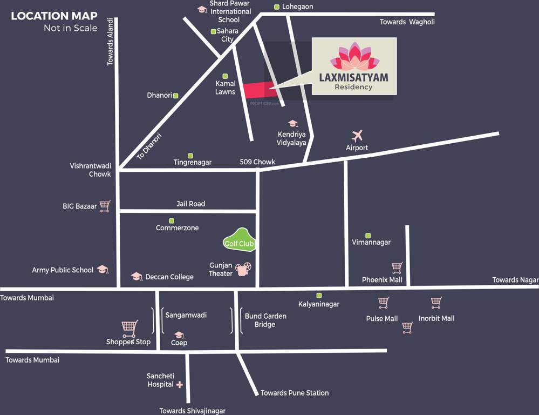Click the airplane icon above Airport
coord(357,135)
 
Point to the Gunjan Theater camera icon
coord(243,269)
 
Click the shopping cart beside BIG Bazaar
coord(105,206)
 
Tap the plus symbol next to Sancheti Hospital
coord(180,385)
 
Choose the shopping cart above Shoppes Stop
coord(129,327)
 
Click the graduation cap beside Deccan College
coord(137,277)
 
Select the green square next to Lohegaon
coord(276,7)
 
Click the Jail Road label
coord(190,204)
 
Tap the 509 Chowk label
coord(257,162)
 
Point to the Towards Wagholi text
coord(407,22)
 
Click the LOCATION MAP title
coord(54,16)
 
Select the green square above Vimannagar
coord(368,236)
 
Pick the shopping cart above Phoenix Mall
coord(397,267)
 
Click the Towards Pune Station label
coord(295,393)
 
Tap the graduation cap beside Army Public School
coord(103,270)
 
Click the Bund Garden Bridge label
coord(265,320)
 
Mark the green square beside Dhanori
coord(175,96)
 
